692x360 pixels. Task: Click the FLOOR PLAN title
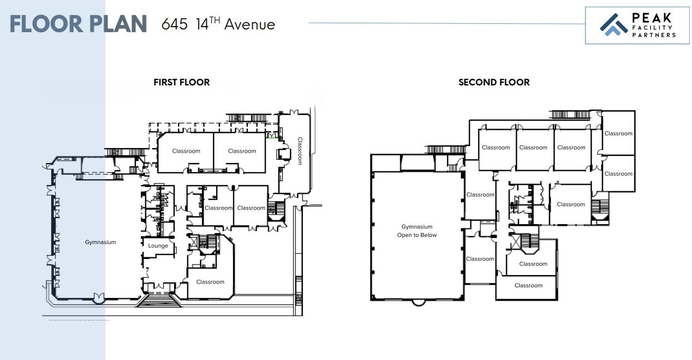pos(78,24)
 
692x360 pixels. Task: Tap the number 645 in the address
pos(174,24)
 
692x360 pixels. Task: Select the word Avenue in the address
pos(250,24)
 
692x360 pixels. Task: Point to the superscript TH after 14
pos(215,21)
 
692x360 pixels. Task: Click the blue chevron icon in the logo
pos(613,25)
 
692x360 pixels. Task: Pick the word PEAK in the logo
pos(652,18)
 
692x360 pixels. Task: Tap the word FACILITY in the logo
pos(653,27)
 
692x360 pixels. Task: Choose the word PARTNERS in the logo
pos(654,35)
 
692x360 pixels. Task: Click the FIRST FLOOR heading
pos(181,82)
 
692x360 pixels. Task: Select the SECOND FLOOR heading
pos(493,82)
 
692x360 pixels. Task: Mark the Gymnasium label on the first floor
pos(100,242)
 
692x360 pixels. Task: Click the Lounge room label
pos(158,246)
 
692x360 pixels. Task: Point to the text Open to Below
pos(417,235)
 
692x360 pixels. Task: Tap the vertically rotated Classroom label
pos(300,151)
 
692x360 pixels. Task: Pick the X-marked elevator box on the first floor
pos(195,242)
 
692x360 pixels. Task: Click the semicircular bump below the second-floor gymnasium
pos(419,303)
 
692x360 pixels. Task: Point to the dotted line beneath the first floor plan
pos(79,320)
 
